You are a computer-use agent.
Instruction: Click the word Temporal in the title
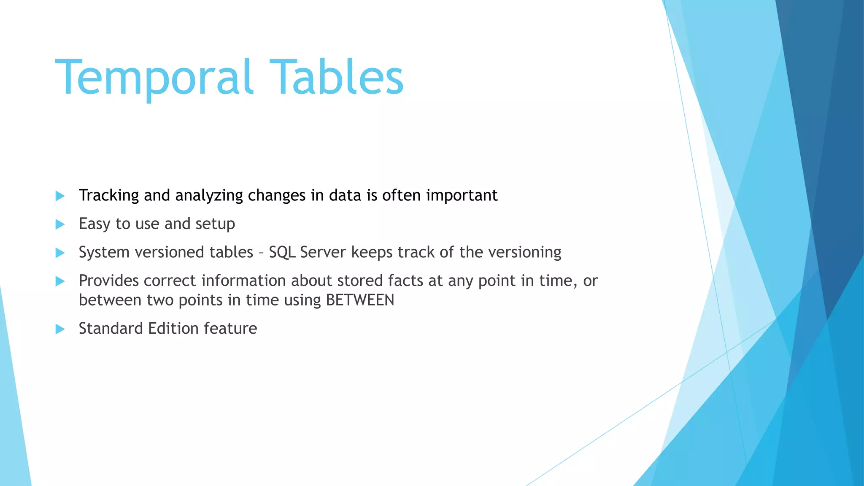click(x=154, y=78)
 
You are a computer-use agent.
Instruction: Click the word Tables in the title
click(x=336, y=78)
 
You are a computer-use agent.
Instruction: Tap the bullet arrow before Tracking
click(x=60, y=196)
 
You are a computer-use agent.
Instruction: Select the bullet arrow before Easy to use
click(x=60, y=224)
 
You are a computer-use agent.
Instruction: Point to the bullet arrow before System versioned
click(x=60, y=253)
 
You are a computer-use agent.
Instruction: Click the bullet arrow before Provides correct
click(x=60, y=281)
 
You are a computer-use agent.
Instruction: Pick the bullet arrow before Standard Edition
click(x=60, y=329)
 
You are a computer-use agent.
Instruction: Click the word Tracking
click(x=109, y=196)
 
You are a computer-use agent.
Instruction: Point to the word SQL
click(x=282, y=252)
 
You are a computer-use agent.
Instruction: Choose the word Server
click(x=323, y=252)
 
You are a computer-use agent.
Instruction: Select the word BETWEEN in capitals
click(x=360, y=300)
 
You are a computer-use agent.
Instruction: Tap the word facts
click(x=405, y=281)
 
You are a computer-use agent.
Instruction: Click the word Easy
click(x=94, y=224)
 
